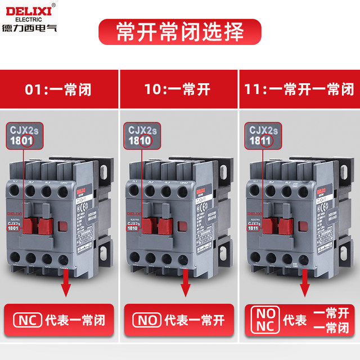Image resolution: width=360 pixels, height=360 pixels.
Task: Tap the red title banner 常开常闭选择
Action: (180, 32)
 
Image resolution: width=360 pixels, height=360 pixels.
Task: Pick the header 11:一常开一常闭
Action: (300, 89)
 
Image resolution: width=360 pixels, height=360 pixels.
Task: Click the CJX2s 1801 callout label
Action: (28, 136)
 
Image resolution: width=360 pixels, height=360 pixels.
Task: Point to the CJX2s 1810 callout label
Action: (148, 136)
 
